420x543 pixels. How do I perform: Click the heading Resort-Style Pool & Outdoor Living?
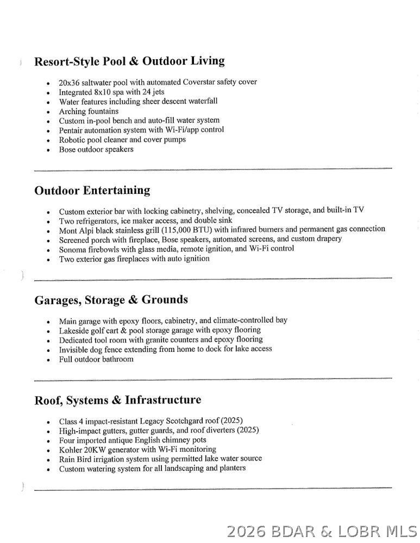(129, 61)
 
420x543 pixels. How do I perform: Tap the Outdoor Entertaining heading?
(92, 191)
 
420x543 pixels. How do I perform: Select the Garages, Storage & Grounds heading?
(111, 300)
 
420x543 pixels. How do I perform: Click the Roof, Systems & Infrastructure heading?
(117, 400)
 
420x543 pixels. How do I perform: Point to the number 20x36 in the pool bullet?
(70, 83)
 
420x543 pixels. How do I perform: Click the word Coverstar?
(200, 82)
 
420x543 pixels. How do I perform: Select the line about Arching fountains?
(89, 111)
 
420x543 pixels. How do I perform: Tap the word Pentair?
(73, 130)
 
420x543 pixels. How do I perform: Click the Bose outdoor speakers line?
(96, 149)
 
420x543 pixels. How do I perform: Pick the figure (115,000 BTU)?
(185, 230)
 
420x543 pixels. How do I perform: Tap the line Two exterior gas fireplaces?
(134, 259)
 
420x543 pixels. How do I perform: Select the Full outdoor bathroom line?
(96, 359)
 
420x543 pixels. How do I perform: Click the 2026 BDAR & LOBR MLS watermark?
(321, 531)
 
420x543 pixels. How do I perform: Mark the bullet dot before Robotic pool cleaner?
(49, 141)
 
